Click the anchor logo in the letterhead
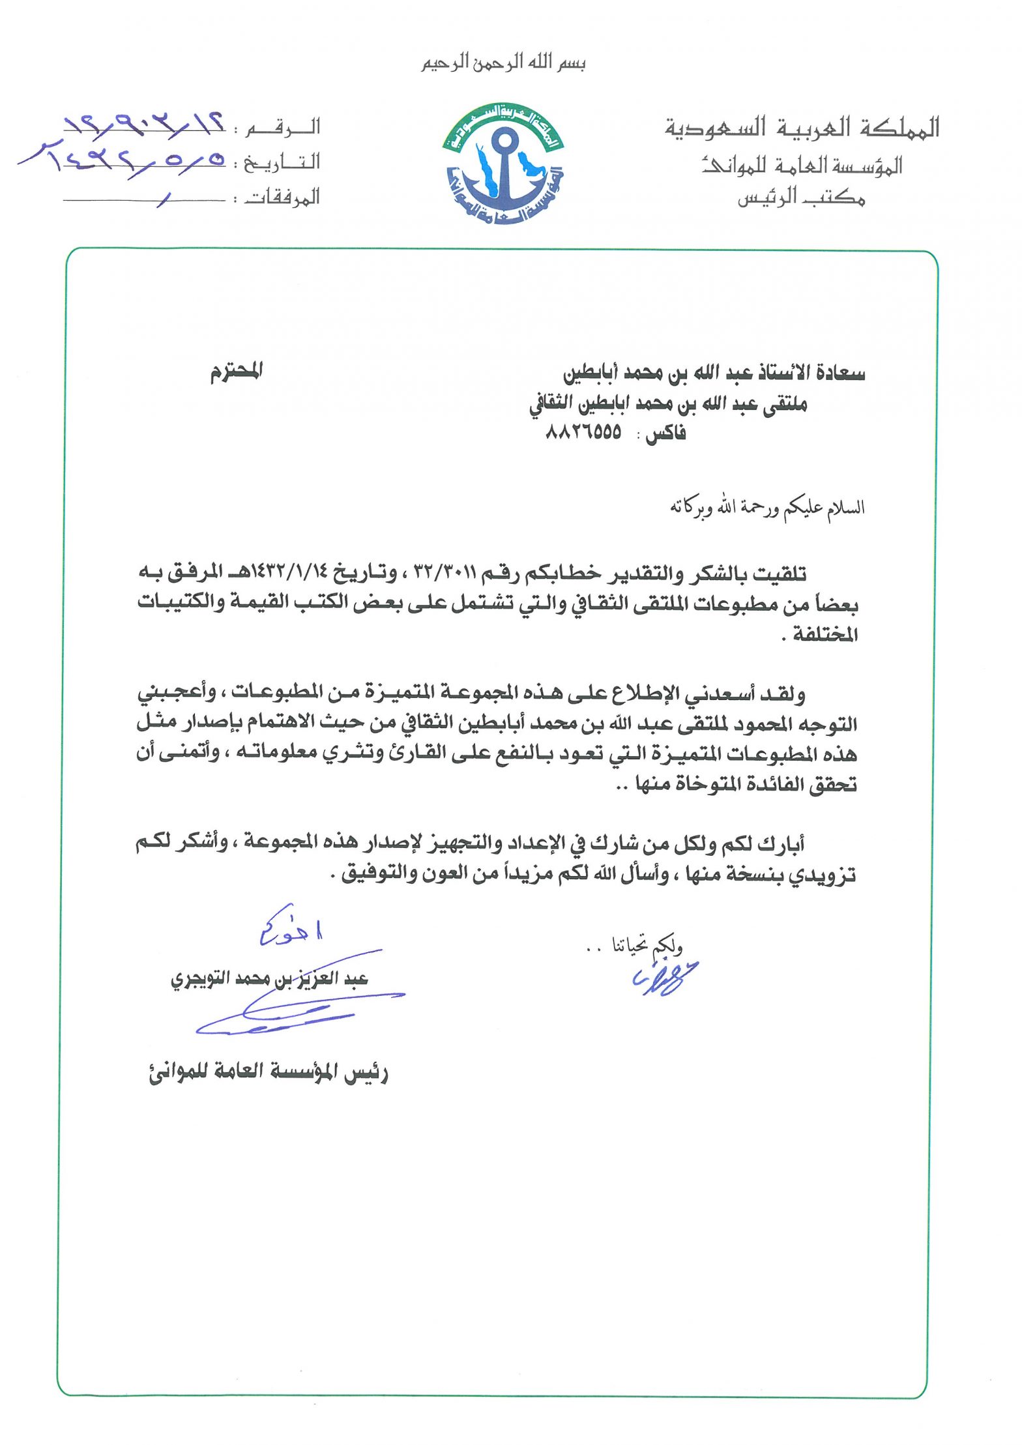[503, 164]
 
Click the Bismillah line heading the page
[503, 63]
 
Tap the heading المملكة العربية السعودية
[802, 128]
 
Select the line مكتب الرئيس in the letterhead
[801, 197]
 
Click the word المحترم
[236, 372]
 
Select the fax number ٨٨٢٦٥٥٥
[583, 433]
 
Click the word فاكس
[665, 435]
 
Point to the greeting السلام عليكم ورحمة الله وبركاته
[767, 507]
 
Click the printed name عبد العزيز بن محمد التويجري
[269, 979]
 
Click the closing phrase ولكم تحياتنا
[645, 946]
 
